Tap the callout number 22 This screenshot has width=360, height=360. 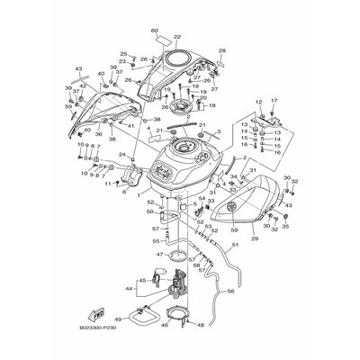pyautogui.click(x=177, y=37)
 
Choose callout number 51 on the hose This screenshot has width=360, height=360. pyautogui.click(x=236, y=244)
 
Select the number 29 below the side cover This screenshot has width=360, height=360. pyautogui.click(x=254, y=240)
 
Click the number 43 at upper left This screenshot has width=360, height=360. pyautogui.click(x=78, y=68)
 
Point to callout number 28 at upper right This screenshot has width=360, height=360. pyautogui.click(x=222, y=51)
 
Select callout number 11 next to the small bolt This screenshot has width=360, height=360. pyautogui.click(x=106, y=184)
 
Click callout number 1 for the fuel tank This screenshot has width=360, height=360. pyautogui.click(x=139, y=192)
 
